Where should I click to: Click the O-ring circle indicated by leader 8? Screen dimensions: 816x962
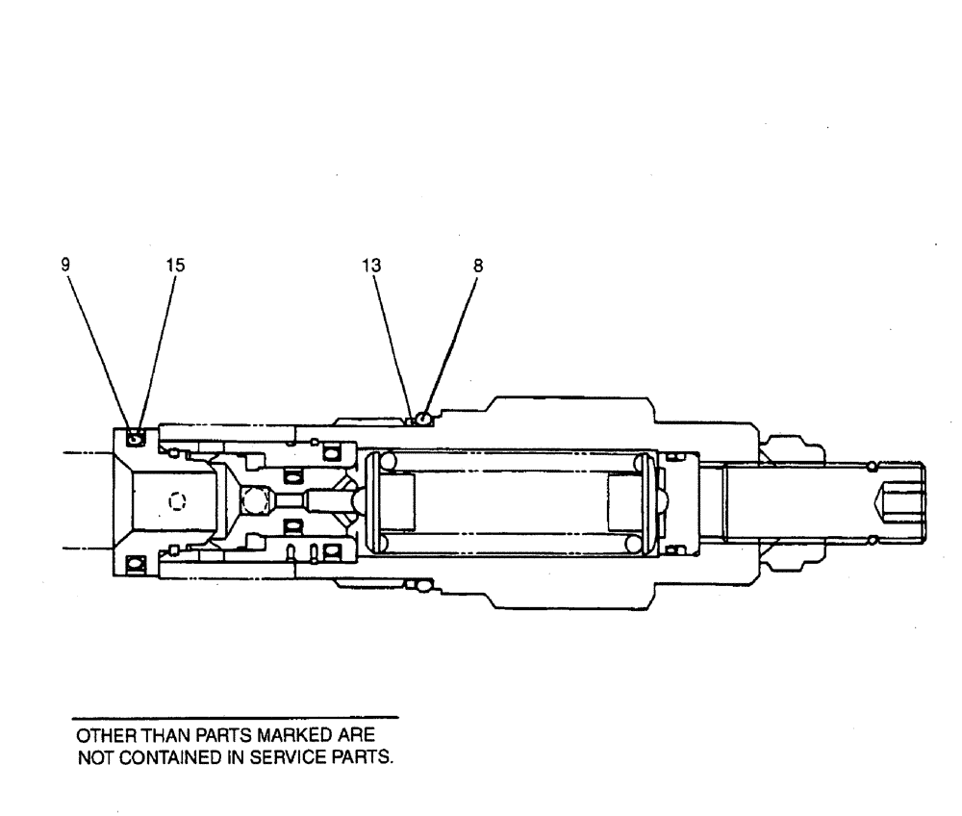422,418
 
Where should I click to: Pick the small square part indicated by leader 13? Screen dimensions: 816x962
411,420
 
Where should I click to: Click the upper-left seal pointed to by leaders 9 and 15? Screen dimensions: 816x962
135,439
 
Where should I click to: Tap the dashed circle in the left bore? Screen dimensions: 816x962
175,500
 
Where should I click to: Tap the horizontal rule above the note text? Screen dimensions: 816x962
236,717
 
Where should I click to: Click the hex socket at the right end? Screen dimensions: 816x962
899,500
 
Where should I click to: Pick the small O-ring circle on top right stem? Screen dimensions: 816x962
871,467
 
